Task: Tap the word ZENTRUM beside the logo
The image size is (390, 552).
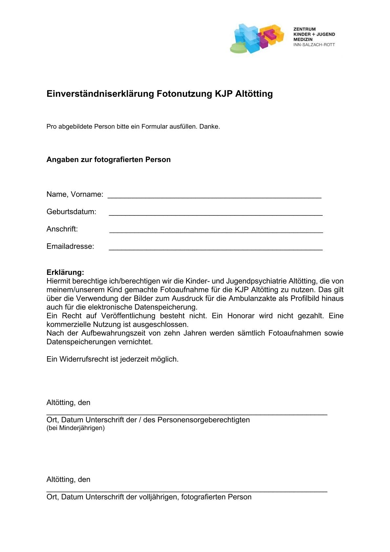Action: [304, 29]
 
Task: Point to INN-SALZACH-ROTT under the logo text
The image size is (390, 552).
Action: [314, 45]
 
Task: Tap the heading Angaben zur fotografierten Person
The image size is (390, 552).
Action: [108, 160]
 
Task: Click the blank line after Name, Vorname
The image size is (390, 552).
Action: [214, 195]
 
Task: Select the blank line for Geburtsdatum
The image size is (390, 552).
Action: [215, 213]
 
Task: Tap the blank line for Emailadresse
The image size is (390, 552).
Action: [215, 248]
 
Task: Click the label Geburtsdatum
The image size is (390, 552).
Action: [71, 212]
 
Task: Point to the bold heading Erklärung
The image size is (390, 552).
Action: [65, 272]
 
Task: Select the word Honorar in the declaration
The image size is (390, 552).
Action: [241, 316]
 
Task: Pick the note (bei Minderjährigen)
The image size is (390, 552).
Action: [75, 428]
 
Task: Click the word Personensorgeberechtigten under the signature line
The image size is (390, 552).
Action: [204, 420]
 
